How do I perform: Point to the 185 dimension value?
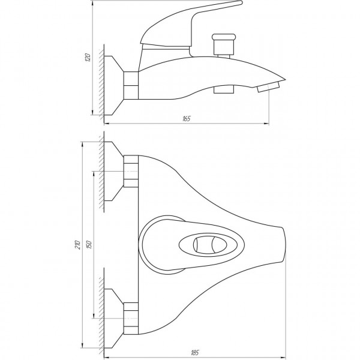(193, 351)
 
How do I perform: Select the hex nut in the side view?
(130, 84)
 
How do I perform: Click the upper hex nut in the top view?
(130, 172)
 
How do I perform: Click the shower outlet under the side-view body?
(223, 89)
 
